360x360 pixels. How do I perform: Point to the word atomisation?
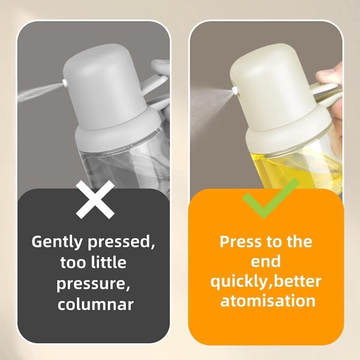(x=268, y=301)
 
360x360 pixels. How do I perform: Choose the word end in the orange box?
(x=267, y=262)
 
